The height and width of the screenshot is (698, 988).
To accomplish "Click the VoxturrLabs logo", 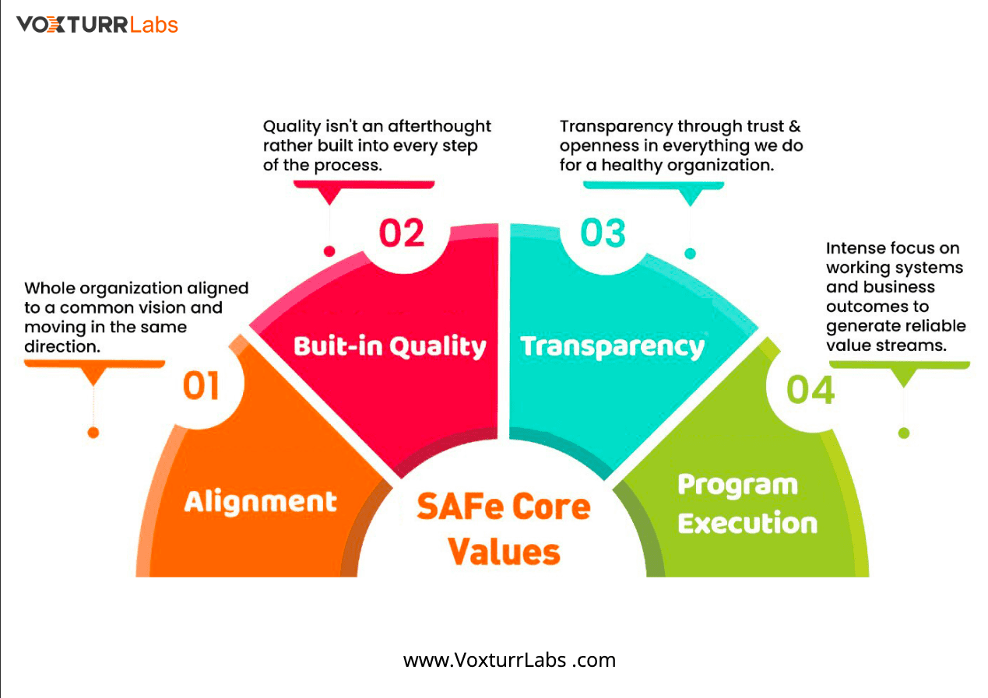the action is (x=97, y=25).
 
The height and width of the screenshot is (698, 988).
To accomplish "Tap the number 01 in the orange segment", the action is (x=201, y=386).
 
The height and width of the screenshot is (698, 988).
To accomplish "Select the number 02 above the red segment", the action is (x=402, y=233).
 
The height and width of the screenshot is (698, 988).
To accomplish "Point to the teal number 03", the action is (x=603, y=233).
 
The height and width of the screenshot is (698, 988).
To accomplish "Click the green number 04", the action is (x=810, y=390).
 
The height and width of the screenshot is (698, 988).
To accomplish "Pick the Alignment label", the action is (x=261, y=502).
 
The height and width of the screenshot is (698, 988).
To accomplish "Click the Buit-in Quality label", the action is (x=390, y=346).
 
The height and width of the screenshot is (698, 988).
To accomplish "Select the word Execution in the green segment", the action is (x=747, y=523).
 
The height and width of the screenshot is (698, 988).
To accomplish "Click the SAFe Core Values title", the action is (x=504, y=528).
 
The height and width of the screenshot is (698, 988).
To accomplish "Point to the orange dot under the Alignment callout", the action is (x=93, y=433).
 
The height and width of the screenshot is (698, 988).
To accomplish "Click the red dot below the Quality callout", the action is (x=329, y=251).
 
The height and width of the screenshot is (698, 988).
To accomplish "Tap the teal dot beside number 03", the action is (x=691, y=254).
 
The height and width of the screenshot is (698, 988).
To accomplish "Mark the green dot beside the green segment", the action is (x=904, y=433).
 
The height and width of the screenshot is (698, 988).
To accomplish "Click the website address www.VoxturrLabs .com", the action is (x=509, y=660).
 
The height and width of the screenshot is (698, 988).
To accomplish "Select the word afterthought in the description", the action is (x=439, y=126).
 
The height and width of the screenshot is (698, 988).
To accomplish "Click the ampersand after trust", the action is (x=795, y=126).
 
